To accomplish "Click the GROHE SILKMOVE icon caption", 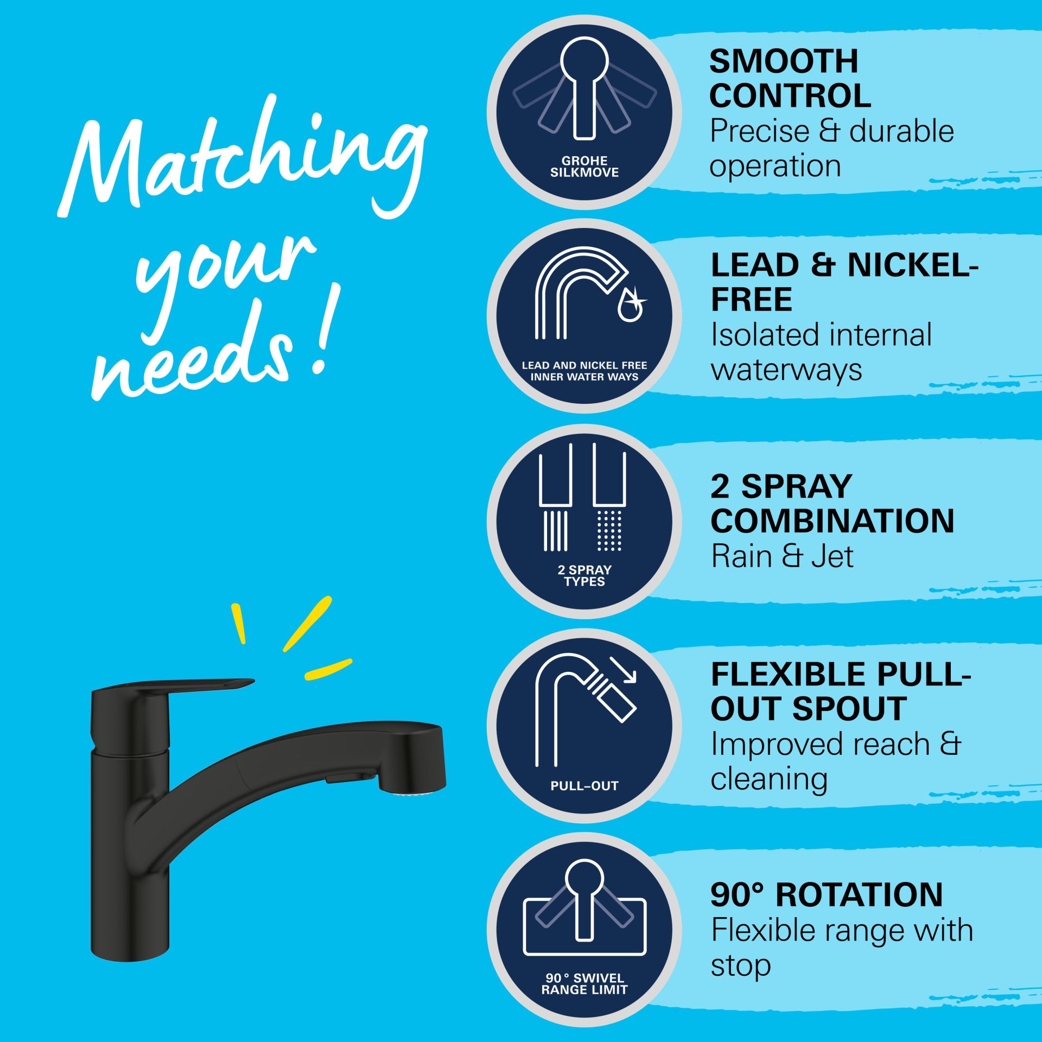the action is click(584, 167).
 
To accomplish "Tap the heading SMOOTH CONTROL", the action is click(790, 78).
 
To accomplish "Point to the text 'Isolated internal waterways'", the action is click(821, 352).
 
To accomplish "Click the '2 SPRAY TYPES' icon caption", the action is click(584, 575).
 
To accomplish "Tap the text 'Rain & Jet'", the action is click(782, 556).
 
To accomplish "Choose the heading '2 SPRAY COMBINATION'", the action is click(832, 503).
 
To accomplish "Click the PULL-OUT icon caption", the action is click(584, 785).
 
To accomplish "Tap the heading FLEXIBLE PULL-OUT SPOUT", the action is click(841, 691).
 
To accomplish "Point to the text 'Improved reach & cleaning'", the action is click(836, 761).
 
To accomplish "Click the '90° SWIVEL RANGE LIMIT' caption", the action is click(584, 984).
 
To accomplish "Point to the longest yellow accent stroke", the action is click(307, 623).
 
